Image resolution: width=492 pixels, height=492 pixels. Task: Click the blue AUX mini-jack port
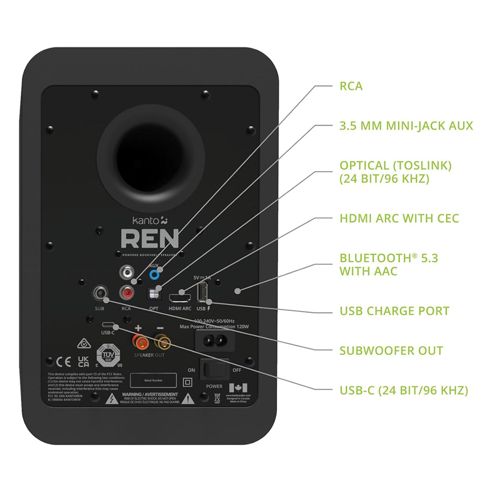coord(156,274)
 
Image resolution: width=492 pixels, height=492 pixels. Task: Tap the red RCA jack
coord(128,294)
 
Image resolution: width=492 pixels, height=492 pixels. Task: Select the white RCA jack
coord(128,272)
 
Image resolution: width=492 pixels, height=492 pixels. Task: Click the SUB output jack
coord(100,294)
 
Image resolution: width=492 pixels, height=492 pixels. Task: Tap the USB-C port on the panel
coord(108,325)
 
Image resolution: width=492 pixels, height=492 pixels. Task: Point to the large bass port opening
coord(151,163)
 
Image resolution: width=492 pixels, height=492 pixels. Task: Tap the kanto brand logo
coord(146,221)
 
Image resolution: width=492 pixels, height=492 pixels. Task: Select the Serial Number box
coord(153,380)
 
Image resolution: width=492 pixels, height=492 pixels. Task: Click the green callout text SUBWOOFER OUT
coord(391,350)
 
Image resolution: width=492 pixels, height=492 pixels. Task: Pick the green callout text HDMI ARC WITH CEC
coord(399,218)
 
